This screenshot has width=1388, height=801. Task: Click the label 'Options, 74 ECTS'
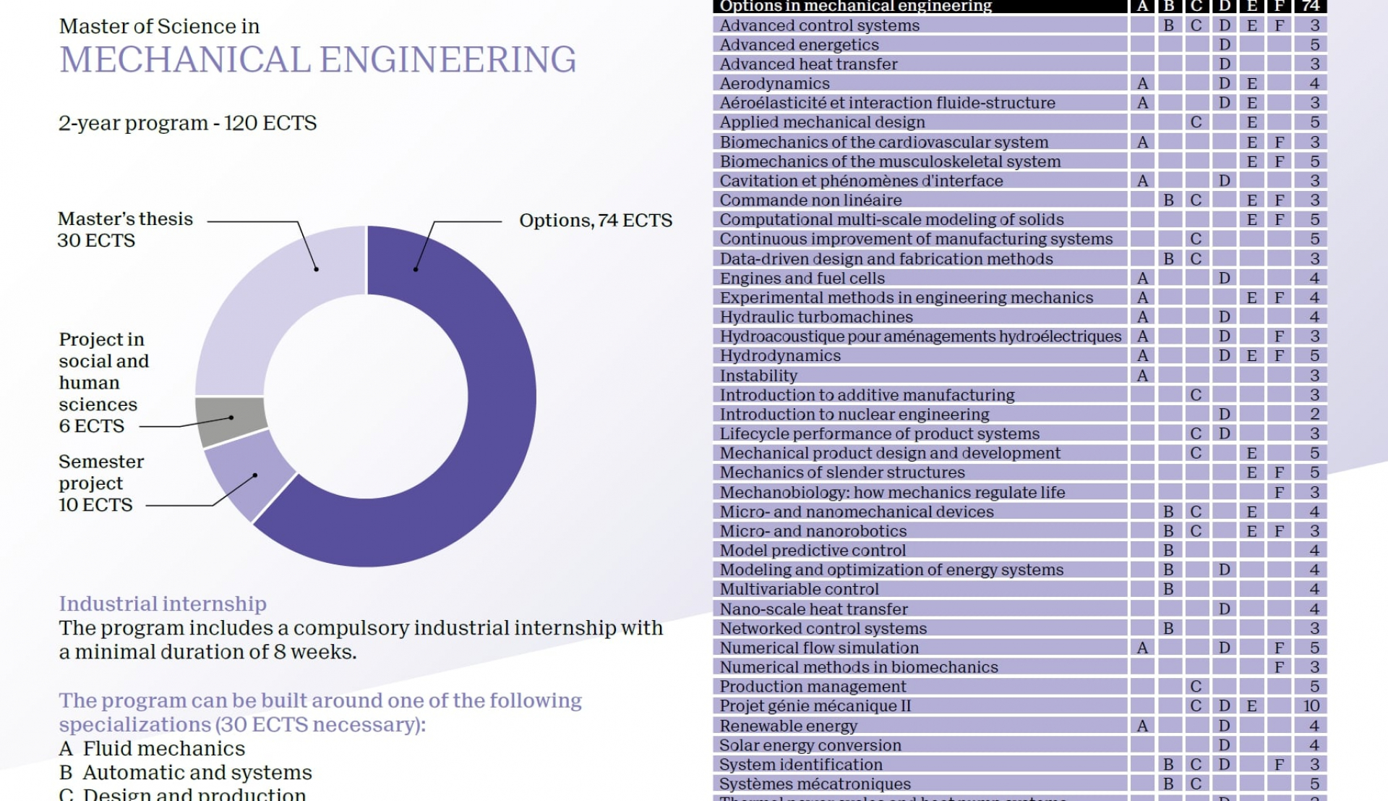tap(596, 221)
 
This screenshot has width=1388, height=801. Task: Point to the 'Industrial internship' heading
tap(163, 603)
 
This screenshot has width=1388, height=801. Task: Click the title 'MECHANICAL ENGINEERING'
tap(317, 60)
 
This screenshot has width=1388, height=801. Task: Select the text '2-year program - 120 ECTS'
tap(187, 123)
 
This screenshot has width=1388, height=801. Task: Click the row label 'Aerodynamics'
tap(774, 84)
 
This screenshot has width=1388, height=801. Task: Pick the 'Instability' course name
tap(758, 376)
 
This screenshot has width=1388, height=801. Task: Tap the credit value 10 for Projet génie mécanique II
tap(1311, 706)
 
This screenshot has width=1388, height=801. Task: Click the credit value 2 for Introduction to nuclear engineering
tap(1314, 415)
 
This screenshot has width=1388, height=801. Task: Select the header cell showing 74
tap(1311, 7)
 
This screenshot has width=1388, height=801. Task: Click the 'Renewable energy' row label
tap(788, 726)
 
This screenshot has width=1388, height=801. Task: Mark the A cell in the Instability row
tap(1142, 376)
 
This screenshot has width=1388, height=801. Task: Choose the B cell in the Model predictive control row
tap(1168, 551)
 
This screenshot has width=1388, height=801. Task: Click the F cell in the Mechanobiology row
tap(1279, 492)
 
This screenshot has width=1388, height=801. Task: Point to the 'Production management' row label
tap(813, 687)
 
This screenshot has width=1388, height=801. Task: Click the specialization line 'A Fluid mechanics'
tap(152, 749)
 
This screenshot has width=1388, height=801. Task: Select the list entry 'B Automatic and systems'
tap(185, 773)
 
